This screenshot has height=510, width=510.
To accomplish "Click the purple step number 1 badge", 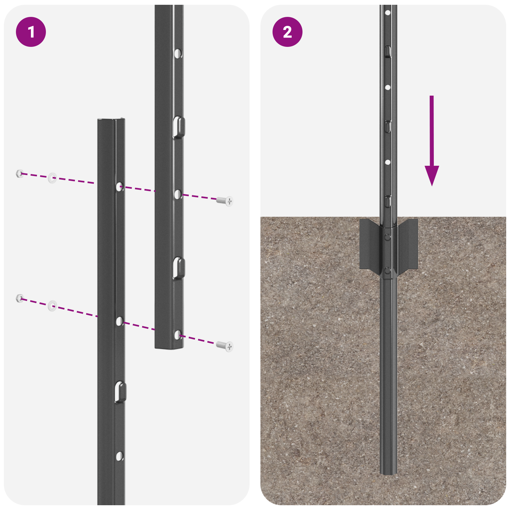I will tap(31, 32).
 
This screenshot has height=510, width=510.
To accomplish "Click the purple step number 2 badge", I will tap(287, 32).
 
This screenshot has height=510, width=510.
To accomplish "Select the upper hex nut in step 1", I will tap(19, 174).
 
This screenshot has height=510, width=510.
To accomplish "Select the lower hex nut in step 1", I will tap(19, 298).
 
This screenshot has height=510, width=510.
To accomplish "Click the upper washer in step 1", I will tap(52, 178).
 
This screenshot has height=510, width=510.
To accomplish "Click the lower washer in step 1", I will tap(52, 306).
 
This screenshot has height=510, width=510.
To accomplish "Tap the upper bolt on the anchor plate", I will tap(387, 237).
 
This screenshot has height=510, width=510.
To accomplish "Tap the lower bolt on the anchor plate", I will tap(387, 271).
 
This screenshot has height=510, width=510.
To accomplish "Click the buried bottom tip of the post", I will tap(388, 472).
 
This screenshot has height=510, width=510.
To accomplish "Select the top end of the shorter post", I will tap(111, 120).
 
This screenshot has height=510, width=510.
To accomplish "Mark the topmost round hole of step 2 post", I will tap(388, 13).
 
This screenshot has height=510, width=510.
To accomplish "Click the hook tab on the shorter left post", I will tap(120, 391).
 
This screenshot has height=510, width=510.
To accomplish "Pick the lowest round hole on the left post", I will tap(119, 456).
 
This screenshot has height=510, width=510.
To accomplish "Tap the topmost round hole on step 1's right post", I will tap(178, 53).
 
